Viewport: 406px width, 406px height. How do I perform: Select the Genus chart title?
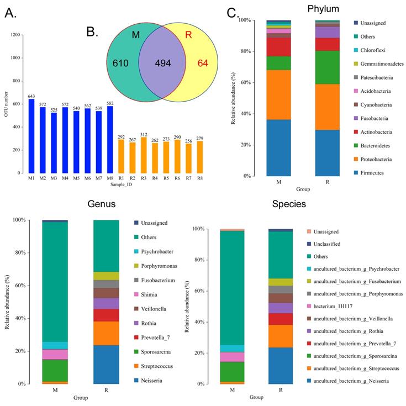[x=102, y=204]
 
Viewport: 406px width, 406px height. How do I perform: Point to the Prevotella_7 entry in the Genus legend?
[x=153, y=337]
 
